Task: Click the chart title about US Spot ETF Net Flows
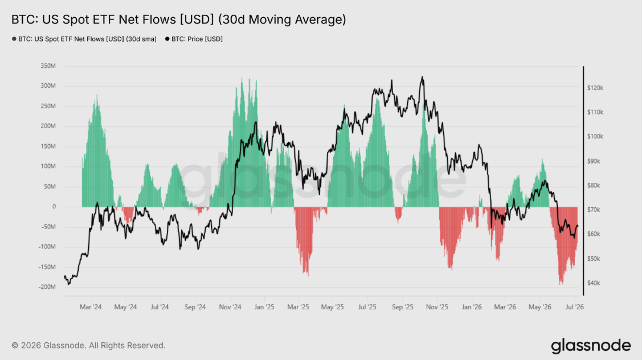178,19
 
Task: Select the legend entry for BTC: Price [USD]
194,39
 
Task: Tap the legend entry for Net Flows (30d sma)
84,39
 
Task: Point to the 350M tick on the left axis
48,66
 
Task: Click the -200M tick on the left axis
47,287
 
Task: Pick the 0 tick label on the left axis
54,206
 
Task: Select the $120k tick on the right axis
595,88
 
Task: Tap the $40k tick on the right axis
593,283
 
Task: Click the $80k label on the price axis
593,185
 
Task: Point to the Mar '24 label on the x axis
91,307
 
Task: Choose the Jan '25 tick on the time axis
264,307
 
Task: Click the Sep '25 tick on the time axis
403,307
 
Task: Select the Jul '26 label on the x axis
574,307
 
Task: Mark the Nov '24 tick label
230,307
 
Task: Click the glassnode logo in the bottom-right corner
591,346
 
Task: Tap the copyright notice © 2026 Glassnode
88,345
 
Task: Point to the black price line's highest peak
422,76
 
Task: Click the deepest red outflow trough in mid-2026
561,284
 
